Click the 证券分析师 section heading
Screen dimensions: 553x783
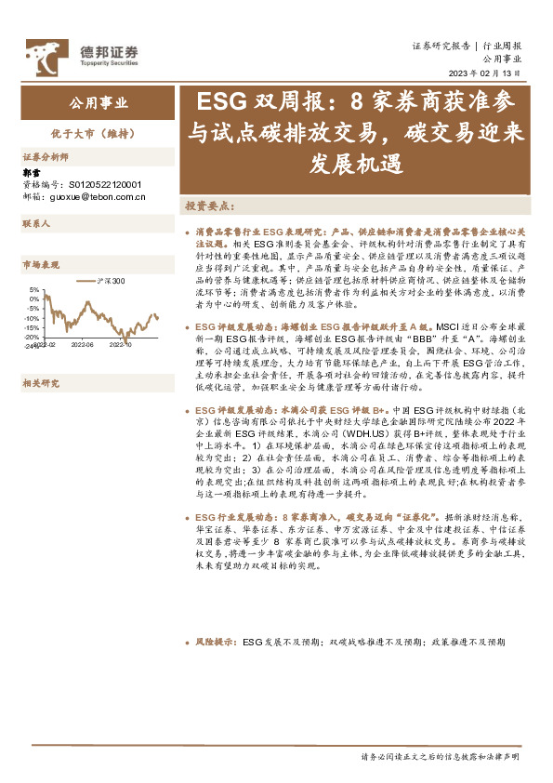[x=46, y=157]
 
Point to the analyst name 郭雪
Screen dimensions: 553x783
[x=32, y=173]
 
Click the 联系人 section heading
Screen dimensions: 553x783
[x=36, y=224]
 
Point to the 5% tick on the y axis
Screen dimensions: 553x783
[x=34, y=289]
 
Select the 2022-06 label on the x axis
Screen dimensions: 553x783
[x=82, y=344]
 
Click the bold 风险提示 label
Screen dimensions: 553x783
[x=215, y=642]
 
